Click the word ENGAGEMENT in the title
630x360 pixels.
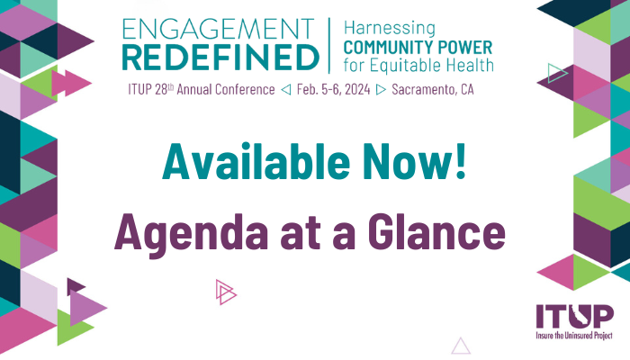[x=218, y=29]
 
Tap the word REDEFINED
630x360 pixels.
[x=220, y=58]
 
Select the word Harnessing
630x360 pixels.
[x=390, y=29]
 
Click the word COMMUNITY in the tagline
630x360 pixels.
[x=387, y=48]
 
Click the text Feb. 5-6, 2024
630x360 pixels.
[x=333, y=89]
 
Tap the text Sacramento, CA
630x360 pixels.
[x=433, y=89]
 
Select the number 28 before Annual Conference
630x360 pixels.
[x=161, y=89]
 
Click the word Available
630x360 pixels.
[x=256, y=161]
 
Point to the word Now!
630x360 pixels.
[x=414, y=161]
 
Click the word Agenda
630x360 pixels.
[x=191, y=232]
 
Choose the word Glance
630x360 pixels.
[x=436, y=231]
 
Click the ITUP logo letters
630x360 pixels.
[x=574, y=316]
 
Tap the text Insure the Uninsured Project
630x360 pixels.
[x=574, y=335]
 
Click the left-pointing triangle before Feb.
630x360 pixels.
[x=285, y=89]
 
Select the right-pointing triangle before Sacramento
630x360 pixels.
[x=381, y=89]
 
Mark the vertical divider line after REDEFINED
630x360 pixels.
[x=329, y=45]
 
